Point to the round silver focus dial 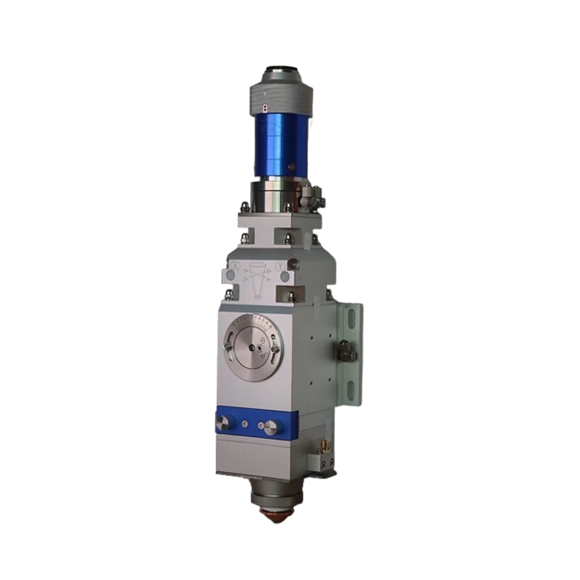coord(253,346)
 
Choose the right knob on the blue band coord(270,428)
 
